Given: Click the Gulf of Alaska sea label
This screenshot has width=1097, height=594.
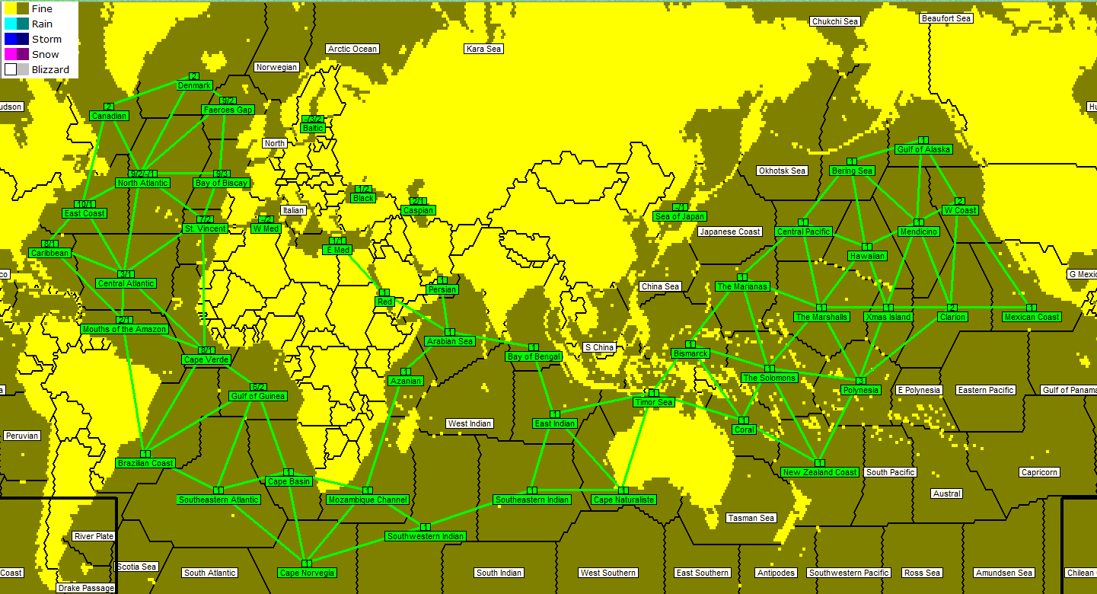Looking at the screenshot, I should click(923, 149).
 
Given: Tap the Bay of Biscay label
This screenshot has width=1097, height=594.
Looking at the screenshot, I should click(222, 183).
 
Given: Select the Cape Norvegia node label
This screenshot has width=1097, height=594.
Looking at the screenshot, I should click(307, 573).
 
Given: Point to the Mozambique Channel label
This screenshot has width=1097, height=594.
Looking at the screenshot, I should click(368, 500).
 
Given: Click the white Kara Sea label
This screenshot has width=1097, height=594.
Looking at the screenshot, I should click(483, 49).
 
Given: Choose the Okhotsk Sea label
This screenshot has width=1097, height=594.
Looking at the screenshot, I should click(782, 171).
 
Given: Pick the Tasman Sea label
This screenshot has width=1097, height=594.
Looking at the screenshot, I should click(751, 518).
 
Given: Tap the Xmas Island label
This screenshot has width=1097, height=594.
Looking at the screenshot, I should click(888, 317).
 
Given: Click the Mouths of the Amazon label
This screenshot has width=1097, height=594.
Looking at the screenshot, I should click(124, 329).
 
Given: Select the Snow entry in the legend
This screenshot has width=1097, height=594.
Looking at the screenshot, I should click(45, 54).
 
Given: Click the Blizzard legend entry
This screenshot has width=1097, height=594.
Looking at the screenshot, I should click(50, 69).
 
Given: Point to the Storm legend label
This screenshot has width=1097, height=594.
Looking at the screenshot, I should click(46, 39).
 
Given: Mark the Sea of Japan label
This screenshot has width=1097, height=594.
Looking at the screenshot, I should click(680, 216).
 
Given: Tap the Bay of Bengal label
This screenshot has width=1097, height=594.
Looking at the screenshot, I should click(534, 356).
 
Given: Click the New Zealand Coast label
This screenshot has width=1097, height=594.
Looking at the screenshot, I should click(820, 472).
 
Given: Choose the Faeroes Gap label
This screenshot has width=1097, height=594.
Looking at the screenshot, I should click(228, 110).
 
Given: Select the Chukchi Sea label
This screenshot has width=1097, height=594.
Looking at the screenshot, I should click(834, 21).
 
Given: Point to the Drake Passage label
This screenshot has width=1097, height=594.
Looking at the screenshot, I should click(86, 588).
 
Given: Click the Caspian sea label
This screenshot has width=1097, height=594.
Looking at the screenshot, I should click(418, 210).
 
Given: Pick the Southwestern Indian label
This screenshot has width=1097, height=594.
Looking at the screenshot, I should click(425, 536).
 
